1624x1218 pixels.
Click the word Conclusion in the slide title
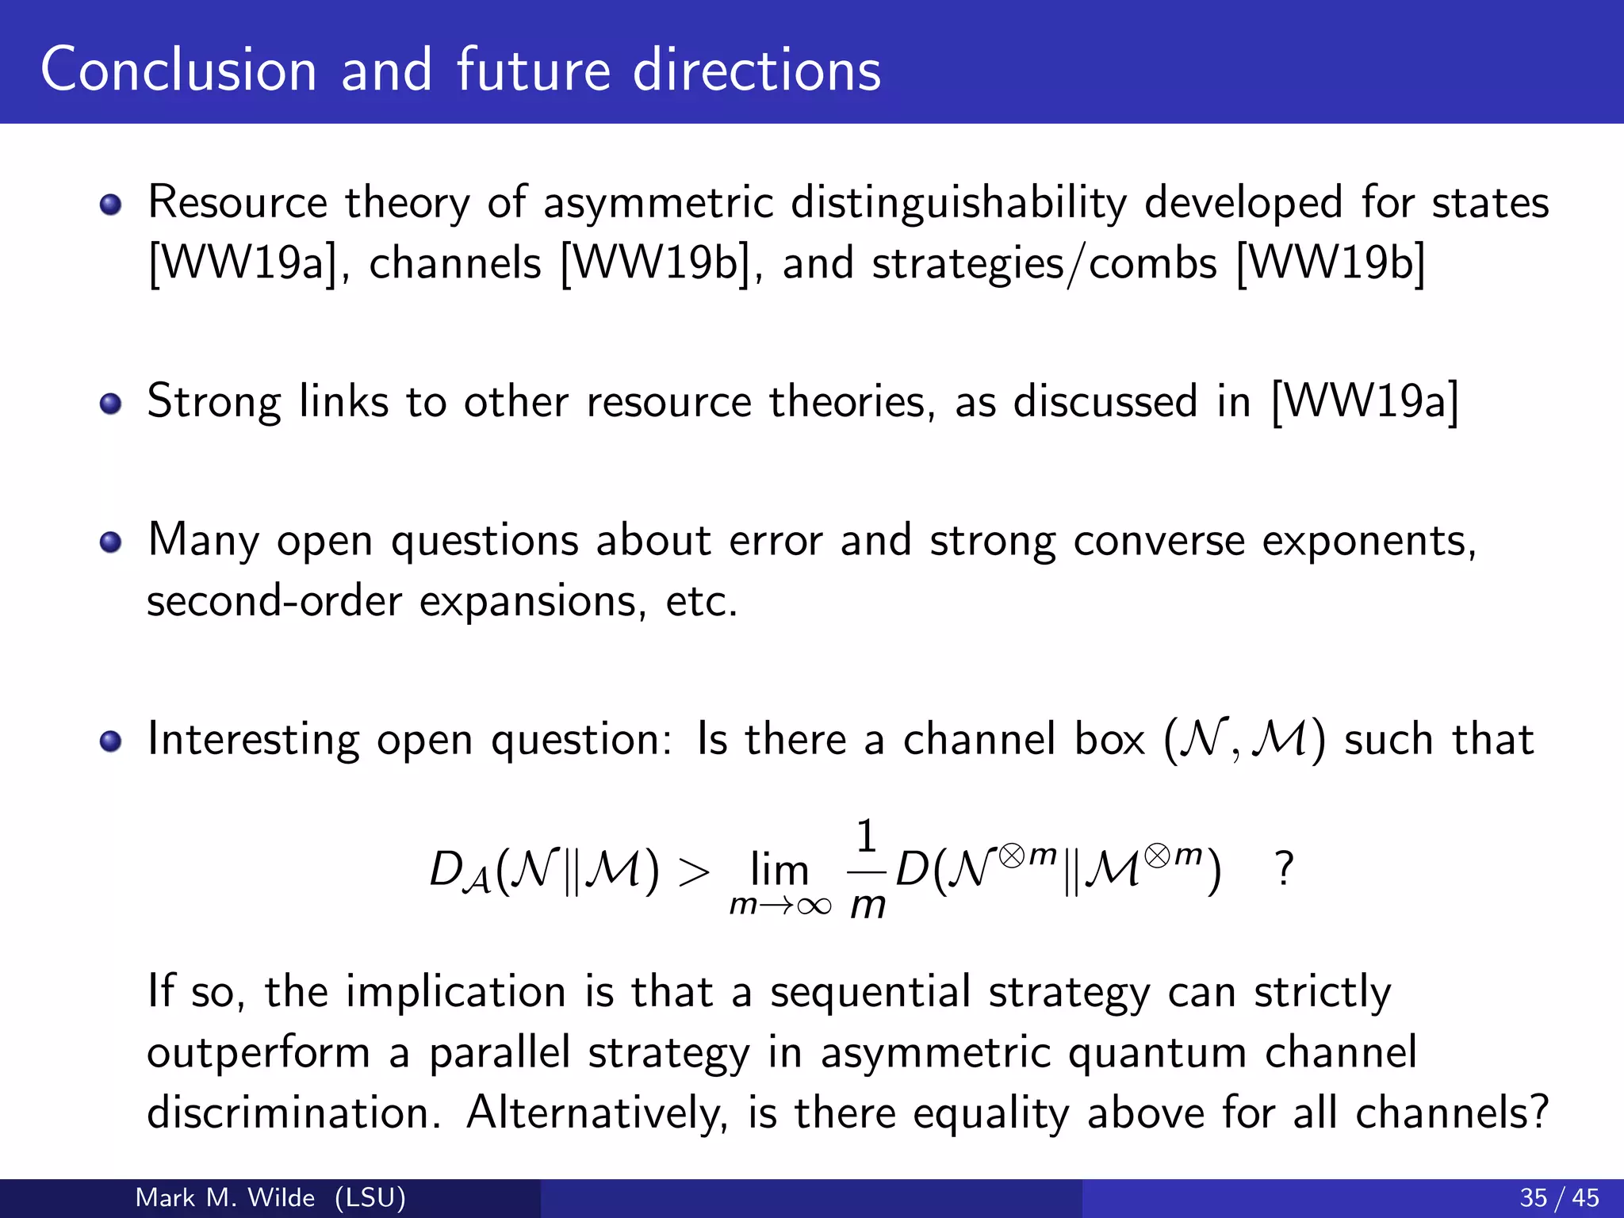(178, 70)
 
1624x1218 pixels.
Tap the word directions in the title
(756, 70)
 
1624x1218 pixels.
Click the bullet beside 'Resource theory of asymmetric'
(111, 205)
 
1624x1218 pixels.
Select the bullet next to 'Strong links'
(111, 404)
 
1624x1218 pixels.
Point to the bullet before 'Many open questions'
(111, 542)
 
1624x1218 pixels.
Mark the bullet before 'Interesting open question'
(111, 741)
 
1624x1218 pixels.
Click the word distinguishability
(958, 203)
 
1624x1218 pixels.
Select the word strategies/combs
(1044, 263)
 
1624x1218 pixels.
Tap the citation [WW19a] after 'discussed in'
(1364, 402)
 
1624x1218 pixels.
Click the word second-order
(274, 601)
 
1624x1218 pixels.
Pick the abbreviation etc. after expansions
(701, 601)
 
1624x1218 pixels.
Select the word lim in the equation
(779, 870)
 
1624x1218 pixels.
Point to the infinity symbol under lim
(814, 906)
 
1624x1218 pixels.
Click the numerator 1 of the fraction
(866, 837)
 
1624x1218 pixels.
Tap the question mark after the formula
(1284, 869)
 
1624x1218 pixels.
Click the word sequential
(870, 992)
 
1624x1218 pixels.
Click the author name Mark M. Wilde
(225, 1197)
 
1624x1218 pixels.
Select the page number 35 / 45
(1559, 1197)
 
